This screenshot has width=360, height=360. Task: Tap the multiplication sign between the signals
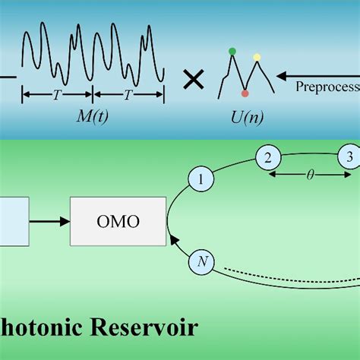tap(194, 78)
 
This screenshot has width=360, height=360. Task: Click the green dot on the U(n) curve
tap(232, 52)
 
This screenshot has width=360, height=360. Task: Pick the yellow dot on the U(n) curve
tap(257, 57)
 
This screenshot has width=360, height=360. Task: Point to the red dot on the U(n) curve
tap(245, 93)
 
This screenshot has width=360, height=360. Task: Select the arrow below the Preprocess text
tap(319, 75)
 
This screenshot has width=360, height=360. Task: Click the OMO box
tap(118, 221)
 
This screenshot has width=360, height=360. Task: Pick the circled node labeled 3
tap(348, 157)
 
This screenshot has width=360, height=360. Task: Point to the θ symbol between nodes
tap(309, 174)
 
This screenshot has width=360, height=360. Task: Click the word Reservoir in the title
tap(145, 327)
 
